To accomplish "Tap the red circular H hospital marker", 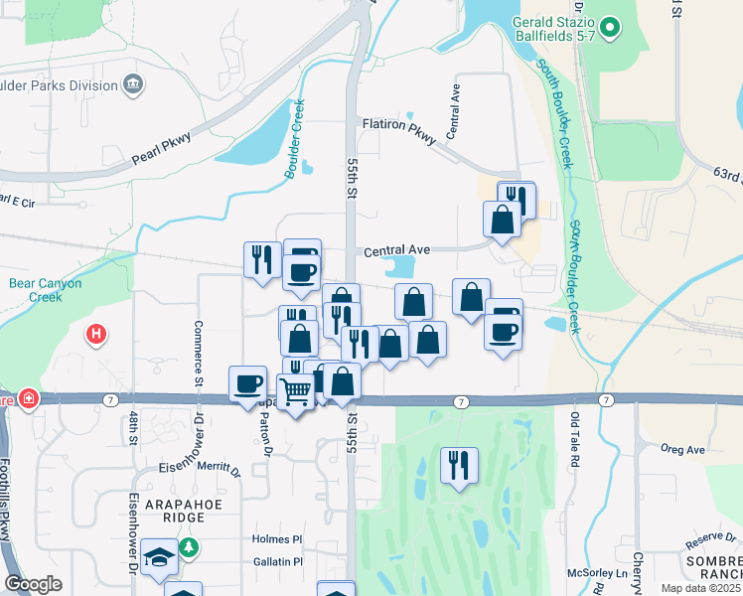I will (x=96, y=335).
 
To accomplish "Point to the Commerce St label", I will (x=198, y=356).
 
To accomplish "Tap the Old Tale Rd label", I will (x=574, y=441).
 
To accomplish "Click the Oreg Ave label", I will (x=682, y=449).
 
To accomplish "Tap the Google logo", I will (x=33, y=585).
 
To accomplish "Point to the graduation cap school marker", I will (x=159, y=558).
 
